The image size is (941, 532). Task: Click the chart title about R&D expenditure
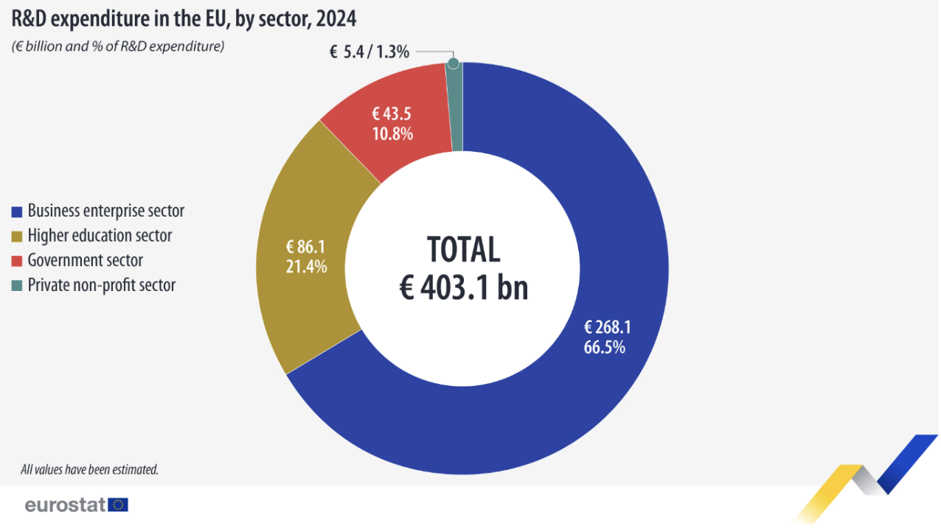tap(184, 19)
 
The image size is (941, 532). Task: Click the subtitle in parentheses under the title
tap(118, 46)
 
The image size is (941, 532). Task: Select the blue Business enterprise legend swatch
tap(17, 212)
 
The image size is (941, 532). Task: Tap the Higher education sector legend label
tap(100, 236)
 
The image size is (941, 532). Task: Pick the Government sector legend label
tap(86, 260)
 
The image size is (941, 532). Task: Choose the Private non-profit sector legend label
tap(102, 285)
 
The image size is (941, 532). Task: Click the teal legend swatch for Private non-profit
tap(17, 286)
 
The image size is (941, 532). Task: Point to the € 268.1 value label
tap(608, 327)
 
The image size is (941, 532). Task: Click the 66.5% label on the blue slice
tap(605, 347)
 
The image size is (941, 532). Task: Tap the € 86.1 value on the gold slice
tap(305, 247)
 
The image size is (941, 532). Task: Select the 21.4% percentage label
tap(306, 267)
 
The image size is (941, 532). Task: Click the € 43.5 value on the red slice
tap(392, 113)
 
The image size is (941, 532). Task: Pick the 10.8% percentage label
tap(392, 134)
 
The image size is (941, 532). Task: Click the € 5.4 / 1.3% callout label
tap(369, 52)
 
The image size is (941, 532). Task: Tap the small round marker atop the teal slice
tap(454, 63)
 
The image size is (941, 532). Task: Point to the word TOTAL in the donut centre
tap(464, 250)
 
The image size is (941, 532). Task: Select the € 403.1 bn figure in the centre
tap(464, 287)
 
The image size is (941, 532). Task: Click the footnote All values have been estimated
tap(89, 469)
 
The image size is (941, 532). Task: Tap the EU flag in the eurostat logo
tap(118, 505)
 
